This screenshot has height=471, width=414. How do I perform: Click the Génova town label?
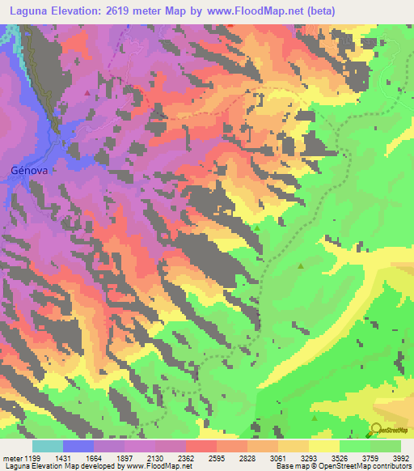tap(31, 171)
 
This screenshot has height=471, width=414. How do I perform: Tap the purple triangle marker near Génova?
tap(87, 92)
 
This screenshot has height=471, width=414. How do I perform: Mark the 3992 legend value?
tap(402, 457)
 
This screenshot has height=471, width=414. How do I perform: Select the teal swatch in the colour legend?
tap(48, 445)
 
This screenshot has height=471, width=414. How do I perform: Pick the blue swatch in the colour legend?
tap(78, 445)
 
